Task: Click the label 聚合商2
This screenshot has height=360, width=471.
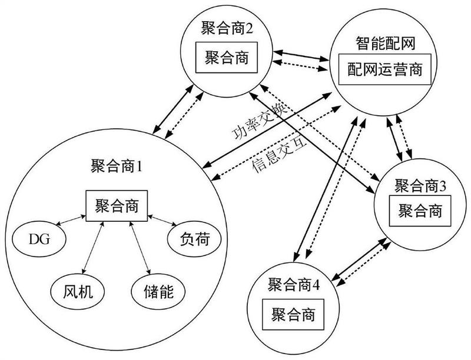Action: click(227, 29)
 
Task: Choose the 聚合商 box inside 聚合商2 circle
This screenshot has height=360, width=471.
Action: click(227, 58)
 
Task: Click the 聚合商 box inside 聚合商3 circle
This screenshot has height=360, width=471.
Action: click(420, 211)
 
